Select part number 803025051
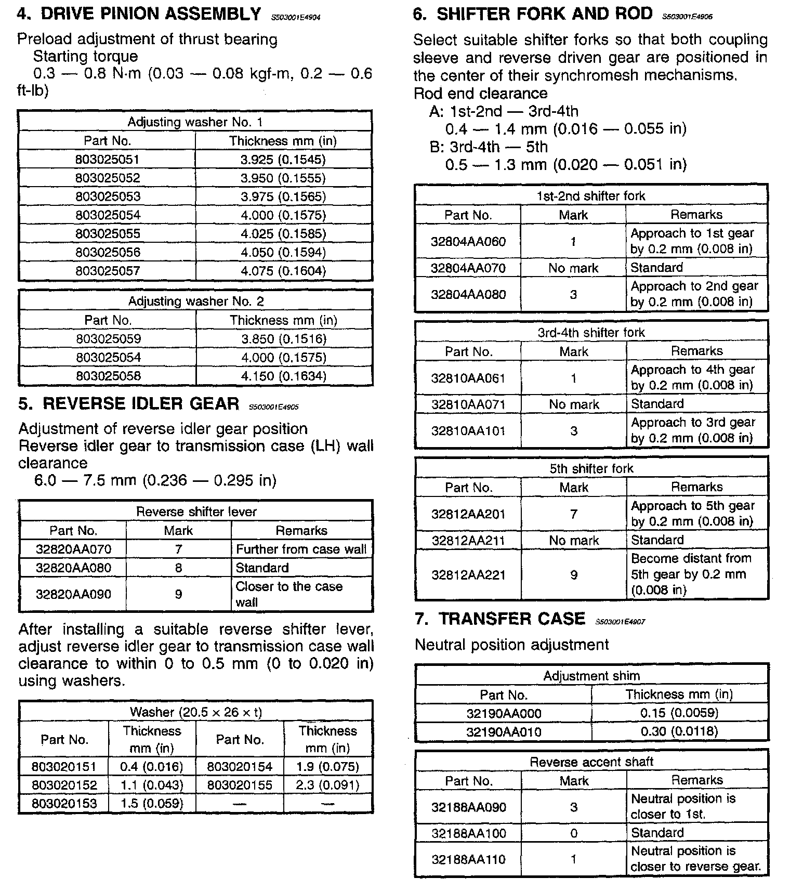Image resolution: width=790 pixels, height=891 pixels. (x=108, y=160)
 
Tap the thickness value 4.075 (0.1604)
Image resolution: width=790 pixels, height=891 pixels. (x=283, y=271)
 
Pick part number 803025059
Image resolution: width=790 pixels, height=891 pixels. (x=108, y=339)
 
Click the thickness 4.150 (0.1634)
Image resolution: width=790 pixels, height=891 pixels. (x=284, y=376)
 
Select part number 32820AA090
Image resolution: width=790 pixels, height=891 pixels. (x=73, y=594)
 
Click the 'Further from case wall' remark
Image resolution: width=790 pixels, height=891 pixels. (x=301, y=549)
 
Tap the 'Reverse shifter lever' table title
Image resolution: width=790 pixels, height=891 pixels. (x=196, y=512)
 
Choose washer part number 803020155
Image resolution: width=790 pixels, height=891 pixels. (x=240, y=784)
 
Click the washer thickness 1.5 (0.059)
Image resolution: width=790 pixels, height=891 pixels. (x=152, y=803)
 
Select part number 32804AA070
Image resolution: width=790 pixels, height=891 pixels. (x=468, y=268)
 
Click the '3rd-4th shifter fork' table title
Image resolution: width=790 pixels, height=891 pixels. (x=591, y=333)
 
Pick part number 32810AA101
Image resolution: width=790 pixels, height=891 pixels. (x=468, y=431)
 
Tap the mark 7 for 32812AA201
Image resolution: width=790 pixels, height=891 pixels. (x=574, y=514)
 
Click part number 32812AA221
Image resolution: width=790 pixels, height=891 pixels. (x=468, y=575)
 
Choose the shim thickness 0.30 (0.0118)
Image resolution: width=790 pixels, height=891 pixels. (x=679, y=731)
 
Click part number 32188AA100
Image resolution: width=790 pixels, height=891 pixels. (x=468, y=833)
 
